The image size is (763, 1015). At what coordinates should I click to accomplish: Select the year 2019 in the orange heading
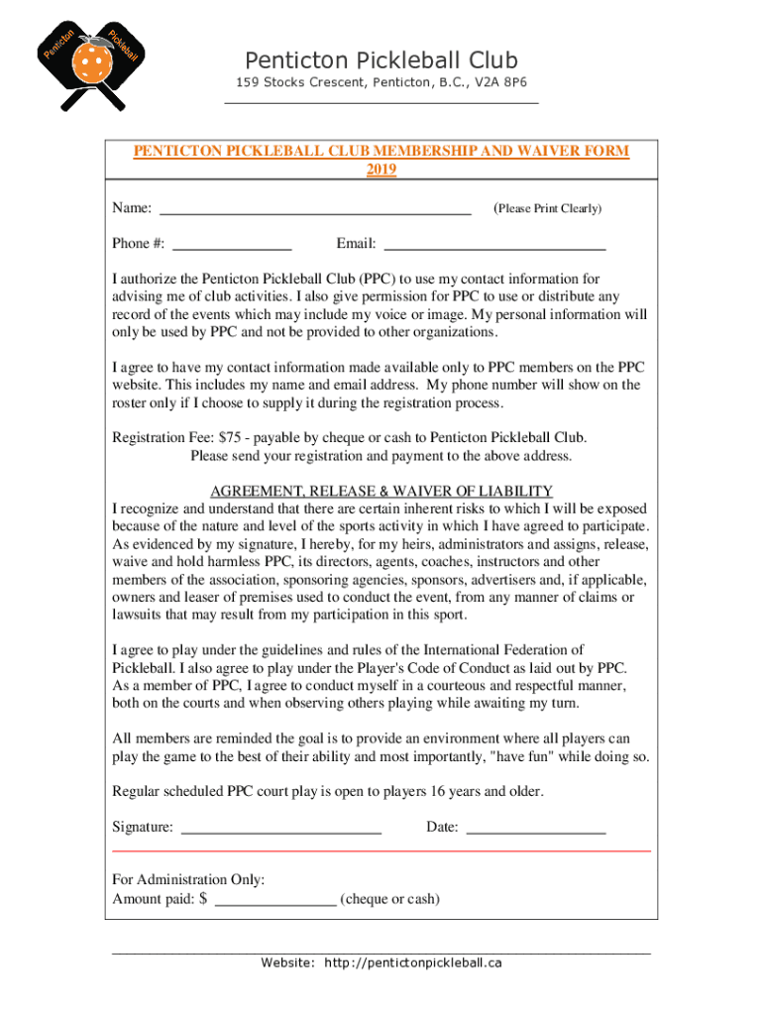click(x=381, y=169)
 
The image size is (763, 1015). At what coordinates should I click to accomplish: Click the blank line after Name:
click(x=315, y=209)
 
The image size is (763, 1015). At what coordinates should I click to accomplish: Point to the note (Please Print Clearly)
click(x=547, y=208)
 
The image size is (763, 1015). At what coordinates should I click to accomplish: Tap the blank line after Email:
click(x=494, y=244)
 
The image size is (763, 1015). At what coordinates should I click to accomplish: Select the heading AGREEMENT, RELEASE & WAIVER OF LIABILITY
click(x=381, y=492)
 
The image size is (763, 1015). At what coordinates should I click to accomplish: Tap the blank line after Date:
click(x=535, y=828)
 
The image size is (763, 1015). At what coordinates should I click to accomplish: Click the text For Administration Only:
click(x=188, y=879)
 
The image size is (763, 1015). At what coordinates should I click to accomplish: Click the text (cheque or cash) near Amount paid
click(x=389, y=899)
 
